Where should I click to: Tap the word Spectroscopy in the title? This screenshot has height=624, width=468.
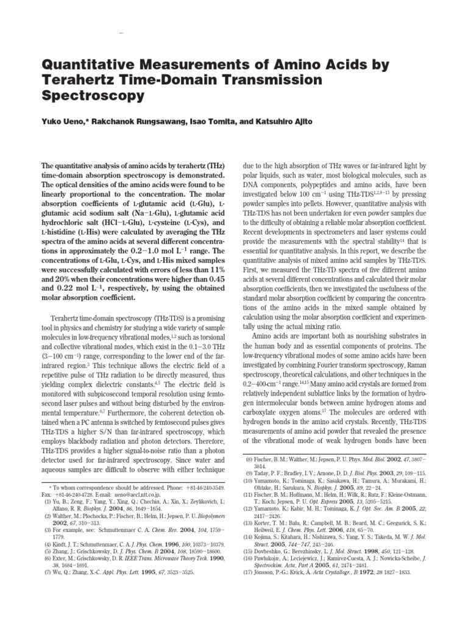(93, 96)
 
